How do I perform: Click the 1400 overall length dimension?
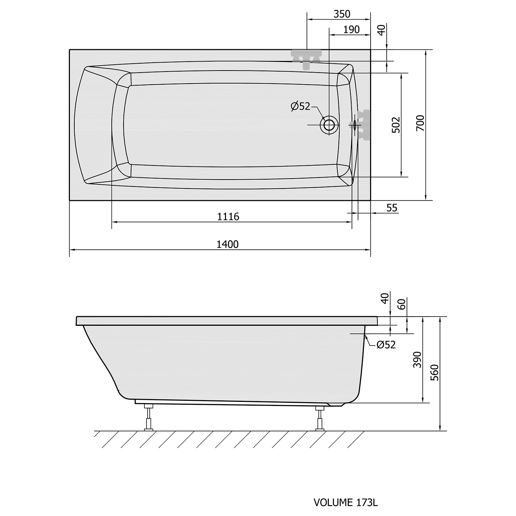[227, 244]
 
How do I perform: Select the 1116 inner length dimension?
[228, 217]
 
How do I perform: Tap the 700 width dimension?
[420, 123]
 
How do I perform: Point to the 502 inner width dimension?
[396, 125]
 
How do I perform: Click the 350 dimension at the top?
[342, 14]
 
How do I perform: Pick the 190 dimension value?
[351, 30]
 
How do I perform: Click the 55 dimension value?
[392, 208]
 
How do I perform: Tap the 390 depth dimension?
[417, 359]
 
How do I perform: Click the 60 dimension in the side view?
[401, 304]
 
